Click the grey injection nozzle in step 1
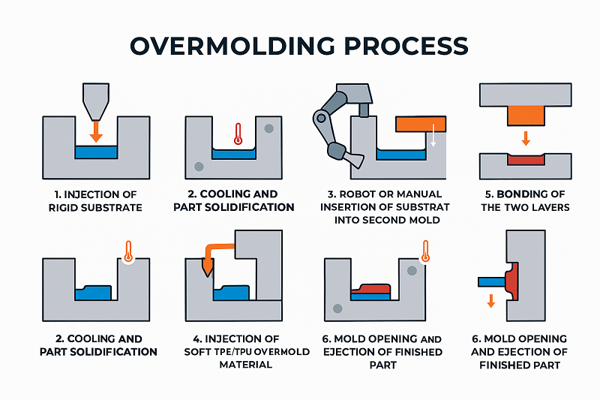pyautogui.click(x=96, y=101)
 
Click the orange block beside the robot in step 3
pyautogui.click(x=421, y=124)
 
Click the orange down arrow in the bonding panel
pyautogui.click(x=525, y=138)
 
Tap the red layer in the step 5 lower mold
pyautogui.click(x=525, y=160)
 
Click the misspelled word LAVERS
pyautogui.click(x=553, y=207)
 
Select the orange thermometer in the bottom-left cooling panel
pyautogui.click(x=128, y=250)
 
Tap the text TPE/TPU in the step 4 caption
pyautogui.click(x=227, y=352)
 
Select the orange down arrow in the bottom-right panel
pyautogui.click(x=491, y=301)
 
